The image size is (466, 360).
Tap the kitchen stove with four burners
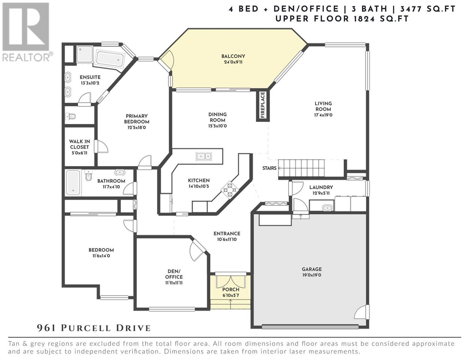click(230, 190)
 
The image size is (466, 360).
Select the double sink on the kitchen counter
click(204, 156)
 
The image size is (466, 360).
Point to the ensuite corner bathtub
click(110, 58)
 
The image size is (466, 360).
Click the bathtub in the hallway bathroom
click(73, 183)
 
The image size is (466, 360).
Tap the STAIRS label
click(269, 168)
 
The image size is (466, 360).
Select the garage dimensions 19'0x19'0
click(311, 275)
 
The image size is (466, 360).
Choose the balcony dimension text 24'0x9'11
click(233, 62)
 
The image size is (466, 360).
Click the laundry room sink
click(327, 208)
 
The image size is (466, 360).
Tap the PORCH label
click(230, 289)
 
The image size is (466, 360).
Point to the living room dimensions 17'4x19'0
click(323, 115)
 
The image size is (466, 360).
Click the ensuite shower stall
click(85, 55)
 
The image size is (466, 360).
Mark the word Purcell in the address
click(86, 328)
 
